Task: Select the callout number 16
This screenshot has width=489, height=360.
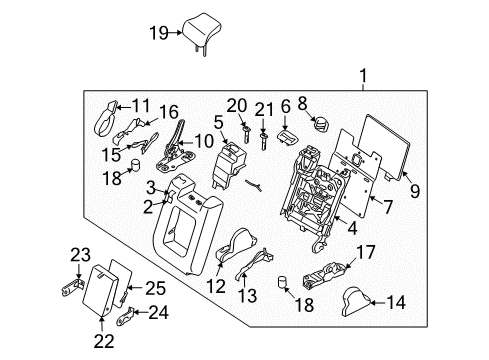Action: click(x=169, y=113)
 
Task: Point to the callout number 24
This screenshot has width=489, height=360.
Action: click(x=158, y=311)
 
